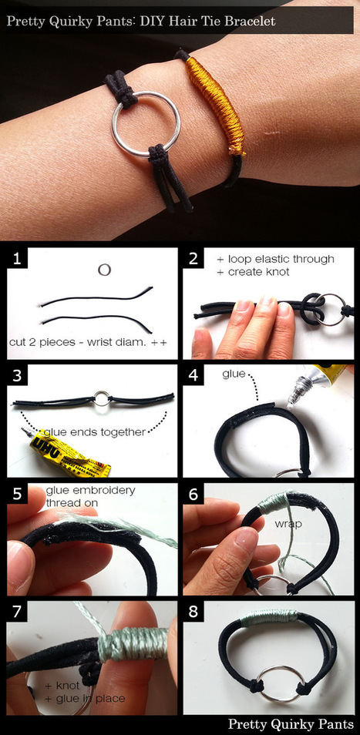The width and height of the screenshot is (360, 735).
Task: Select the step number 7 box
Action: (17, 612)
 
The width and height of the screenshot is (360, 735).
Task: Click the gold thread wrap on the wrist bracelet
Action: (216, 106)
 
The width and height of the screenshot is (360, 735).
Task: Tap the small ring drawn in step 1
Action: (104, 270)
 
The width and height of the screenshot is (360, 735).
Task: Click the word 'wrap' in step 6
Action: (288, 523)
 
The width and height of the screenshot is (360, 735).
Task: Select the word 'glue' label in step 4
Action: (234, 374)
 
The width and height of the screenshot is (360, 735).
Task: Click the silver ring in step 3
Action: (100, 399)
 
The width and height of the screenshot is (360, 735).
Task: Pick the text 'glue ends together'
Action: (94, 431)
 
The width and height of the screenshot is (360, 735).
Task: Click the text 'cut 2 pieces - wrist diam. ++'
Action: (88, 342)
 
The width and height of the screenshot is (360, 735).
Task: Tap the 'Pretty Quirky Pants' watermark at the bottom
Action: (291, 723)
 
